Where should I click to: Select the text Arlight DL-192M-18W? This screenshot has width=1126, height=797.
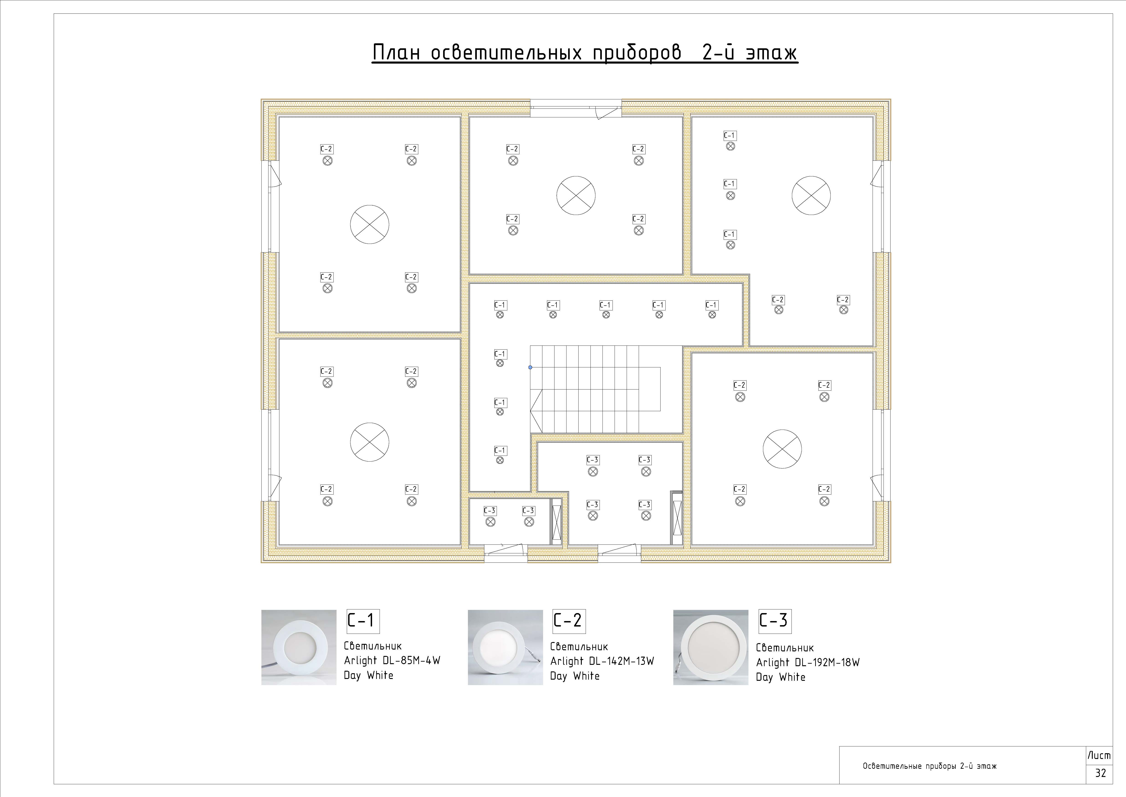pyautogui.click(x=808, y=663)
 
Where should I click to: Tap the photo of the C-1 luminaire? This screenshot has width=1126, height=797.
pyautogui.click(x=299, y=647)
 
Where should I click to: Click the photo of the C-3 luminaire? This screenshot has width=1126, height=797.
pyautogui.click(x=711, y=647)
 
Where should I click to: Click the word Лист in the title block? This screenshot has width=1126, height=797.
pyautogui.click(x=1099, y=755)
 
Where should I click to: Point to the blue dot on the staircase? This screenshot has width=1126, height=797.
pyautogui.click(x=530, y=367)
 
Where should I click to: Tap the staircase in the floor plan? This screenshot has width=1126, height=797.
pyautogui.click(x=595, y=389)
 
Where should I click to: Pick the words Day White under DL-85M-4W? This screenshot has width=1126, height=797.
pyautogui.click(x=368, y=675)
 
